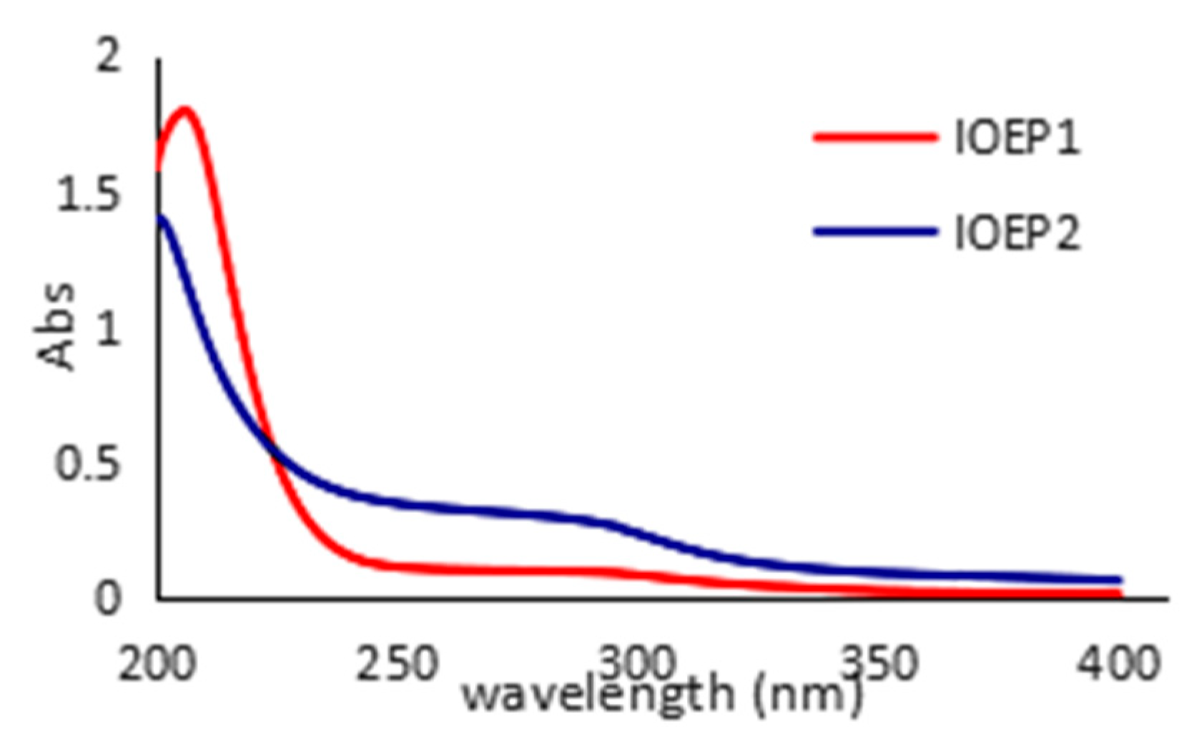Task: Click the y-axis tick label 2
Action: [x=108, y=56]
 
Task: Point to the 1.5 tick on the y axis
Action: [x=88, y=194]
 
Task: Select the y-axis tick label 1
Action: [x=108, y=329]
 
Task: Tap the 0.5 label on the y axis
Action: [x=88, y=464]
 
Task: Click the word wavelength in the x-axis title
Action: [x=598, y=695]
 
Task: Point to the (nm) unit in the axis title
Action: [x=808, y=695]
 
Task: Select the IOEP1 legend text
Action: [x=1017, y=138]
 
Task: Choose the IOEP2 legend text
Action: [x=1017, y=232]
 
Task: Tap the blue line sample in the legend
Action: [x=875, y=231]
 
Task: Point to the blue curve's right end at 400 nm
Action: [x=1118, y=580]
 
